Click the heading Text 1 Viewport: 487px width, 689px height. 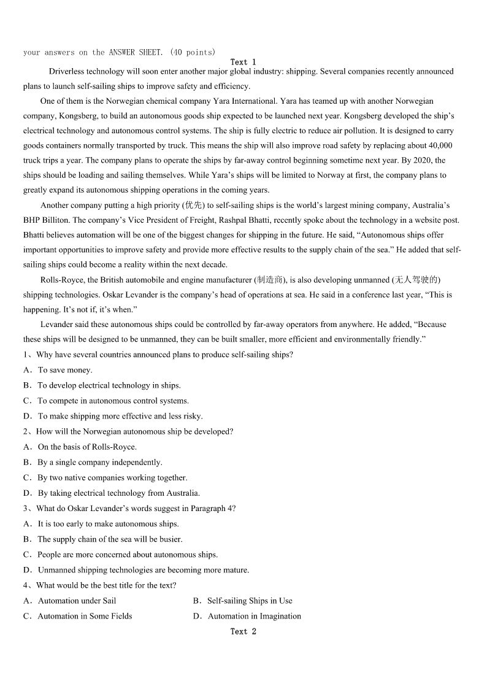tap(243, 62)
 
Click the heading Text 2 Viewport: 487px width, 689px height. tap(243, 631)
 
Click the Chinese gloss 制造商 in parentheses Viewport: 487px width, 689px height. tap(269, 280)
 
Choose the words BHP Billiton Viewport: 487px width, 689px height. tap(45, 220)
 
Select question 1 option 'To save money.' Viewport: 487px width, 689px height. tap(65, 370)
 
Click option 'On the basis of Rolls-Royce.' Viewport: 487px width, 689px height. tap(87, 447)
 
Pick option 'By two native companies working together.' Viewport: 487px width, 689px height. tap(112, 477)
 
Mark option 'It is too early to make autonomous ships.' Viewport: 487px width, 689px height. tap(108, 524)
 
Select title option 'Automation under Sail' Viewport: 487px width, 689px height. tap(77, 601)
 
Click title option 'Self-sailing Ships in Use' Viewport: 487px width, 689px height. tap(250, 601)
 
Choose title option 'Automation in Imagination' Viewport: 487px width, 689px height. tap(255, 616)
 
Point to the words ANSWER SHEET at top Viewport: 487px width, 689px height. tap(136, 52)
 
